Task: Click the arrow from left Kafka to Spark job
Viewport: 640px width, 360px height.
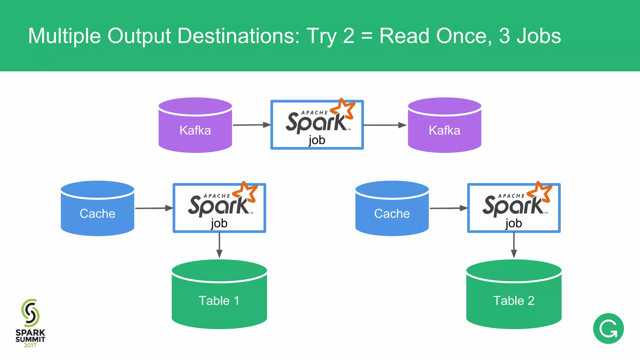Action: click(252, 125)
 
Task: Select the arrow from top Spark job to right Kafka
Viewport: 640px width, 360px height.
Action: click(384, 125)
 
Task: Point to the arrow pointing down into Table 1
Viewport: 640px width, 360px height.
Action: click(219, 245)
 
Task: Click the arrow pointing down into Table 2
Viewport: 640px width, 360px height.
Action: click(514, 245)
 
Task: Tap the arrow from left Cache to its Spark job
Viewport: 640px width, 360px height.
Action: click(154, 208)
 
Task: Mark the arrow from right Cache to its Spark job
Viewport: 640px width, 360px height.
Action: click(448, 208)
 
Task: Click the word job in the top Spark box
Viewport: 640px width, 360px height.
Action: click(317, 140)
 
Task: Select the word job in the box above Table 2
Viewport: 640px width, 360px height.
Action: click(513, 223)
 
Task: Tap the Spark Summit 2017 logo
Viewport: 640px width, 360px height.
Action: click(30, 323)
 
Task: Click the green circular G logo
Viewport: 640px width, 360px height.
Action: click(608, 328)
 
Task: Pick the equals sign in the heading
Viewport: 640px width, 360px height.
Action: click(367, 36)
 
